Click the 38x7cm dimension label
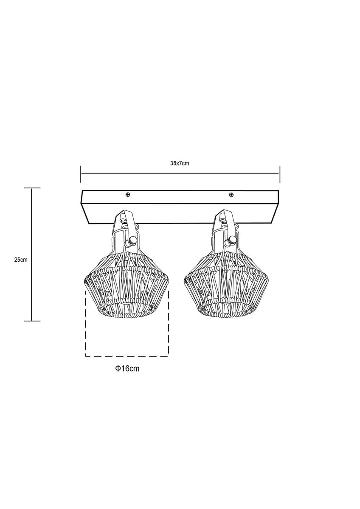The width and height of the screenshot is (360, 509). (x=180, y=163)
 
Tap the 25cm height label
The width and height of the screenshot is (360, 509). (x=21, y=260)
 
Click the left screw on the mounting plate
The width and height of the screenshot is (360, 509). (x=128, y=195)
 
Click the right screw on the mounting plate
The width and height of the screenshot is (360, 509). (x=231, y=195)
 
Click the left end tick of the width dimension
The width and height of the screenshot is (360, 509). (x=81, y=174)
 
